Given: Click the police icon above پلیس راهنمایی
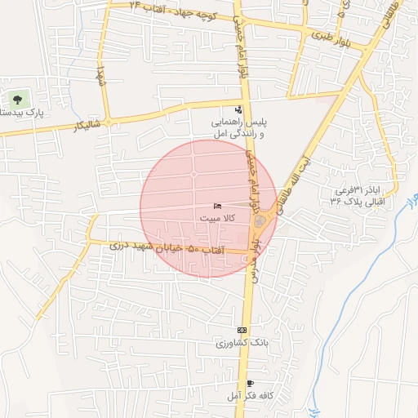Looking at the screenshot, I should coord(238,109).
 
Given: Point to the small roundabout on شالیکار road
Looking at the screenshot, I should coord(108,122).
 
